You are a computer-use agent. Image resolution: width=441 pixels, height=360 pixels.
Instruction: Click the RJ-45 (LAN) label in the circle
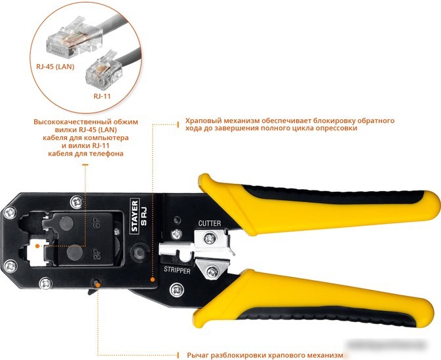coord(55,67)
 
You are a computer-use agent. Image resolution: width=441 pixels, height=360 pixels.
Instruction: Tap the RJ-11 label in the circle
coord(102,96)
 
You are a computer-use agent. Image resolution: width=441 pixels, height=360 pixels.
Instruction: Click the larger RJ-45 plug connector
coord(74,38)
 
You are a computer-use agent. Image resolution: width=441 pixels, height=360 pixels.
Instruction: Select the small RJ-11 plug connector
coord(104,69)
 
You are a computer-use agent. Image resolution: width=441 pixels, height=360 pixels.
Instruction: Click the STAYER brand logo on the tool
coord(135,216)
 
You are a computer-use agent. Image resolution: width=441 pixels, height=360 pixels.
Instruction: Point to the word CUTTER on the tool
coord(210,223)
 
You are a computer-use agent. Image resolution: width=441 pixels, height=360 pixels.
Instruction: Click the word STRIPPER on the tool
coord(177,270)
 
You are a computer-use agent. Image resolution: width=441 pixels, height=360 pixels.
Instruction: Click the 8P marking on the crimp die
coord(96,253)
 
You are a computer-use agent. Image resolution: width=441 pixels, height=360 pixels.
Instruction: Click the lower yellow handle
coord(315,300)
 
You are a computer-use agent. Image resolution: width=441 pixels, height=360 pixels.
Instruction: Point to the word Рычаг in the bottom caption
coord(198,355)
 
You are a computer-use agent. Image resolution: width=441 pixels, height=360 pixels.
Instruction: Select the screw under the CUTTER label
coord(210,239)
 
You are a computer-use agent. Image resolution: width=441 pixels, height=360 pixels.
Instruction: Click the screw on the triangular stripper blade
coord(212,272)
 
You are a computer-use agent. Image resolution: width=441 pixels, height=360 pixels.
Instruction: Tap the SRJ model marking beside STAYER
coord(144,216)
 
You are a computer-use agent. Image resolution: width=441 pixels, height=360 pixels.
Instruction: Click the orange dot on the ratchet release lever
coord(98,285)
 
